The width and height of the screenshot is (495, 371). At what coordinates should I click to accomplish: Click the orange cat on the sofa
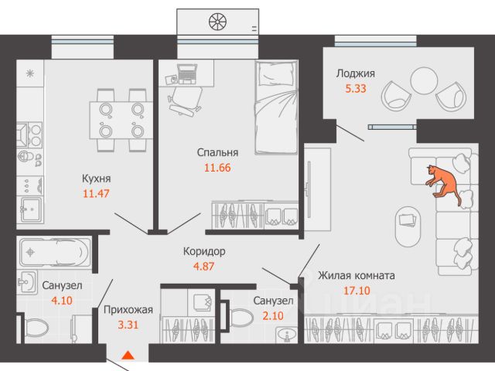[x=445, y=183]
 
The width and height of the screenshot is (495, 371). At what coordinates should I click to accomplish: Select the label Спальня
[x=216, y=152]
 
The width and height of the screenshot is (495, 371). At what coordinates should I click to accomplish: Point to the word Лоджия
[x=355, y=74]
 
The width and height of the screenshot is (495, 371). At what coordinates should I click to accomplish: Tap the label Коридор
[x=205, y=251]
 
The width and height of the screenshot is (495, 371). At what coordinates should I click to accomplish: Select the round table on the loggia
[x=423, y=80]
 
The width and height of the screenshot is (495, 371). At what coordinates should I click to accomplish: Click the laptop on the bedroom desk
[x=187, y=73]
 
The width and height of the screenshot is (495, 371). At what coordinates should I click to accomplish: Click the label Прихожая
[x=128, y=311]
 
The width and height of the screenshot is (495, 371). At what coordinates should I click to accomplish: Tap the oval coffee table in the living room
[x=408, y=223]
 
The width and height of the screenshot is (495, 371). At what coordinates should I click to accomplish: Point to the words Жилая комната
[x=357, y=275]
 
